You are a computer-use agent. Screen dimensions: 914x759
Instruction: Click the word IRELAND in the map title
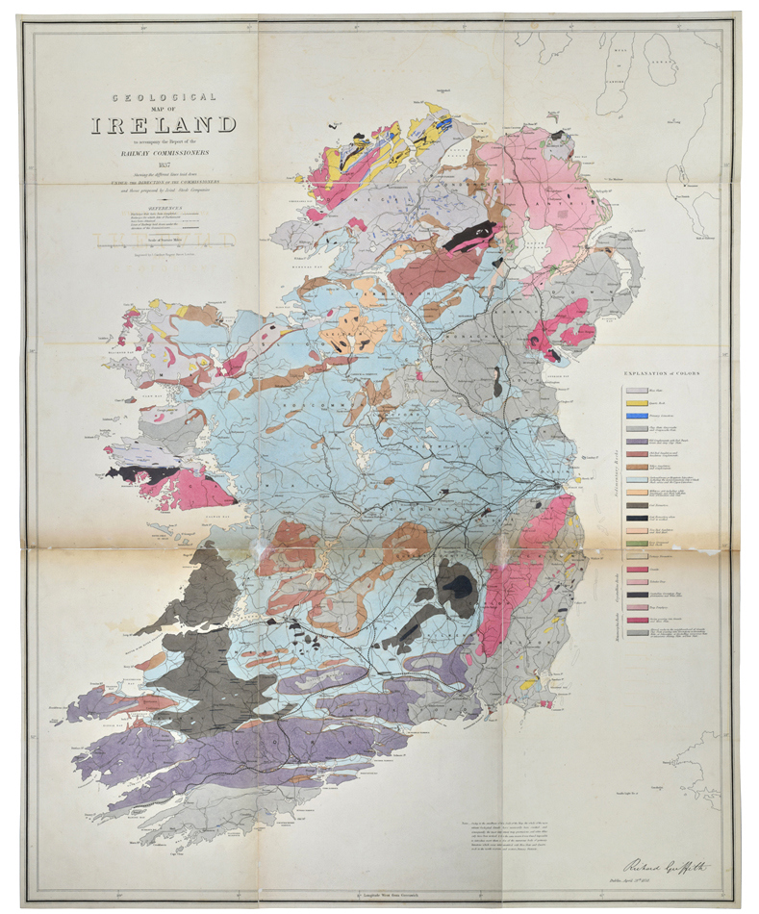(164, 124)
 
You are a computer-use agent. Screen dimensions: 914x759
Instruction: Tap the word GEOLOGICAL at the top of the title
(164, 97)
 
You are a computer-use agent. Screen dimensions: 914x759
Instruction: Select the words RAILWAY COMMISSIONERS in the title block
(164, 152)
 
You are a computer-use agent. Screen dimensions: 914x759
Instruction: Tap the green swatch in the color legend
(636, 544)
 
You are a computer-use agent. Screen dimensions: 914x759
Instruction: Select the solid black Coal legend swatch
(636, 517)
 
